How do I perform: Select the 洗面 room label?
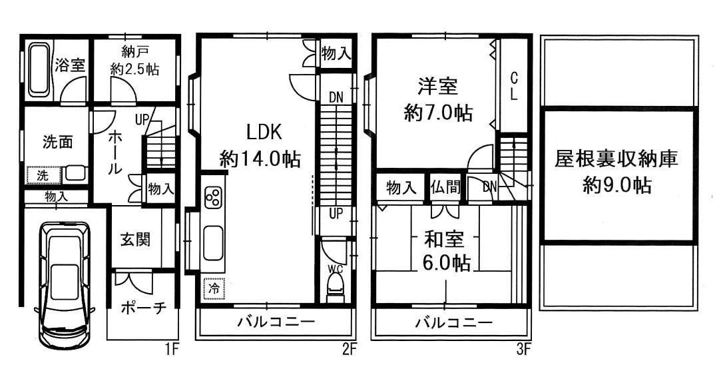click(57, 142)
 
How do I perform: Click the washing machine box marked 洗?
click(43, 175)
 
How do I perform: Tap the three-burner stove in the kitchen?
click(214, 198)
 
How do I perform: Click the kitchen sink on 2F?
click(214, 243)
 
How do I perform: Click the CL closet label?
click(513, 85)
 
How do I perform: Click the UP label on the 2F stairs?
click(336, 213)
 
